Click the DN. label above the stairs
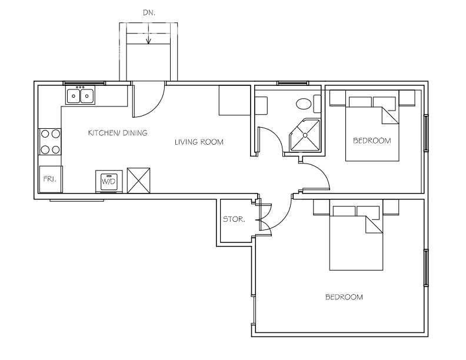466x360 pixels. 148,11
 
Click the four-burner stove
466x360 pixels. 50,141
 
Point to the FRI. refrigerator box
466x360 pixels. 51,179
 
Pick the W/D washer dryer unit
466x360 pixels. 109,182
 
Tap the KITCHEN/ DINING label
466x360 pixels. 118,133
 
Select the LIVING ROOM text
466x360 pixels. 199,142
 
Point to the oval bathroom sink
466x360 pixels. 304,105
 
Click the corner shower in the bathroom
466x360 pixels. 305,135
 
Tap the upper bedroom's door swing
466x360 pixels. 317,176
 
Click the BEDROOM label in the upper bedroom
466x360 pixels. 372,141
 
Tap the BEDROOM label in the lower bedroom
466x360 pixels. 344,297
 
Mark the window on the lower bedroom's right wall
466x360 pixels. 426,268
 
